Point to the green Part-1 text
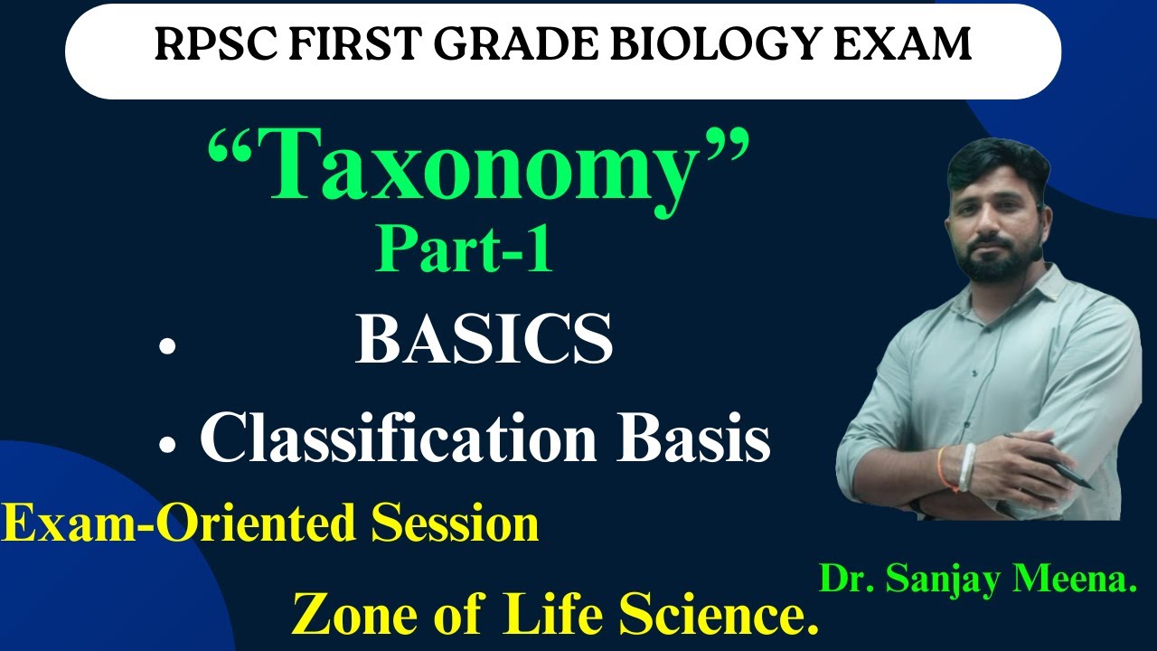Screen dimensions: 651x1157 (464, 250)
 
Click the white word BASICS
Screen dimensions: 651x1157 (484, 341)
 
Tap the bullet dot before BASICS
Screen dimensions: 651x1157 (165, 347)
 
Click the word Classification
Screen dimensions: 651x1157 (398, 440)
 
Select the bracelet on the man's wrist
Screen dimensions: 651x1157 (965, 467)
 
